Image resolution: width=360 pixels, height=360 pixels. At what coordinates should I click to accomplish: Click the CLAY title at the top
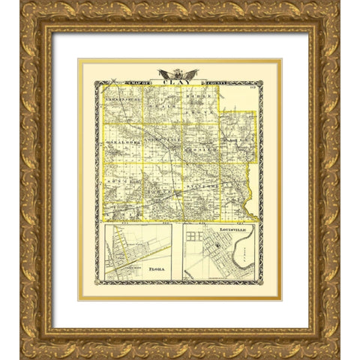click(x=179, y=84)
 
